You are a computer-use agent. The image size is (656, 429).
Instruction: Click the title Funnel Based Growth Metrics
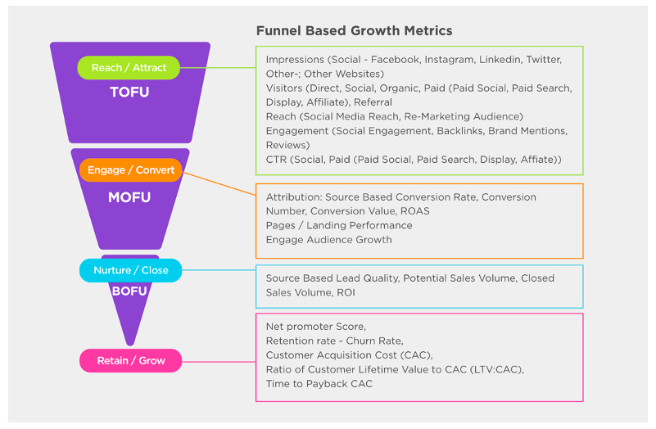[354, 30]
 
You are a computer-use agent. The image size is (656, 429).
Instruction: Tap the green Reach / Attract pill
[128, 67]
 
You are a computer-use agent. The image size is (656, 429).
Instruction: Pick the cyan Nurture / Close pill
[130, 270]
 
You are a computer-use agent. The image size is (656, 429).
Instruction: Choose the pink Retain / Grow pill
[130, 360]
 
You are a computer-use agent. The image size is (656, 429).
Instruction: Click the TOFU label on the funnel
[129, 93]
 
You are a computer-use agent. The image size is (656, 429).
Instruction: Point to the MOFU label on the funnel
[129, 197]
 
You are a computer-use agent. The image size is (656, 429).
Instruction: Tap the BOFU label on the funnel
[129, 291]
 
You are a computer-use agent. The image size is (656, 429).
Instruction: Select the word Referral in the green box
[373, 102]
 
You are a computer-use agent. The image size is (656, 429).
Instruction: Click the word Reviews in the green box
[286, 145]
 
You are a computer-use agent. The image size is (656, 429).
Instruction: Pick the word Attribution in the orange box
[293, 197]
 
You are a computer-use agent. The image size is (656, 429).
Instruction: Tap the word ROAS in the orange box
[414, 211]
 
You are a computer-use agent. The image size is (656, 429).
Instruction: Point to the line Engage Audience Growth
[328, 240]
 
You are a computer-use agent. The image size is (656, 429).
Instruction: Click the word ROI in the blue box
[345, 292]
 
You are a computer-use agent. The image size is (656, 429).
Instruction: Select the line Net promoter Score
[316, 327]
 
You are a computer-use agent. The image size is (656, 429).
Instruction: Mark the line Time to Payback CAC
[319, 383]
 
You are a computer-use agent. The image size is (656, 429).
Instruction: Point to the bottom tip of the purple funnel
[130, 343]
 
